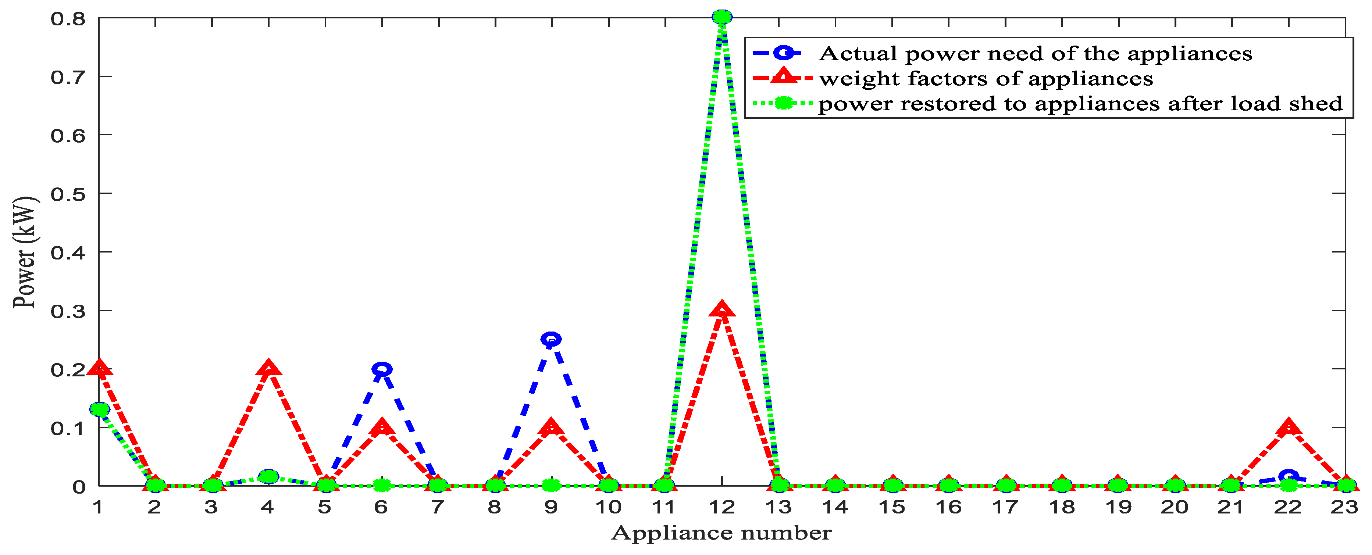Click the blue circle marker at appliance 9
click(x=551, y=339)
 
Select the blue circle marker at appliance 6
click(x=381, y=369)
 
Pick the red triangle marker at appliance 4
click(x=268, y=368)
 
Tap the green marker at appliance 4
click(x=268, y=476)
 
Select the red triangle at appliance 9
click(x=551, y=427)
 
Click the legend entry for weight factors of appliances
click(x=985, y=79)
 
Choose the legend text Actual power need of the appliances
click(x=1035, y=54)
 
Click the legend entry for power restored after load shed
click(x=1080, y=104)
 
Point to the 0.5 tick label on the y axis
click(x=68, y=194)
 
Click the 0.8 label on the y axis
click(x=68, y=19)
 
